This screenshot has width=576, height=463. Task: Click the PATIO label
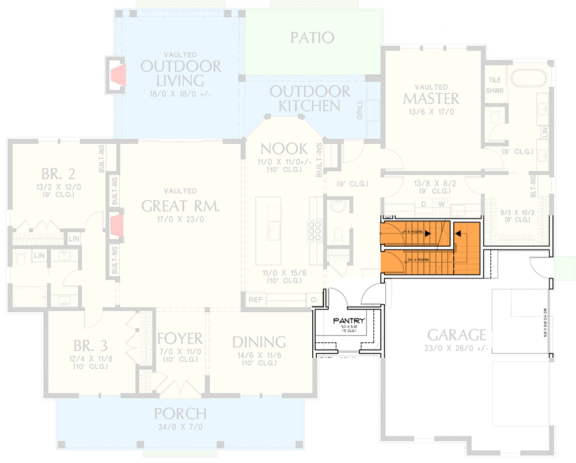point(312,38)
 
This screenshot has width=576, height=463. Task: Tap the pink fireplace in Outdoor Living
point(118,75)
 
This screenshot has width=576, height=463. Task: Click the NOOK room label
point(284,149)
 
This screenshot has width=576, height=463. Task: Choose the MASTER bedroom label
point(431,98)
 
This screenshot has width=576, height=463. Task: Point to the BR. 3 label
point(90,346)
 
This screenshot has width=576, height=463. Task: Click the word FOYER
point(180,338)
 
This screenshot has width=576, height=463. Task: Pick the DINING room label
point(259,342)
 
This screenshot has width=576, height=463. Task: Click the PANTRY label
point(349,321)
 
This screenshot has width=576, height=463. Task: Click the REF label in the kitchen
point(255,300)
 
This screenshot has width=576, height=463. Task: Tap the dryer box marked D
point(423,204)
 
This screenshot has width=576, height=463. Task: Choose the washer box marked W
point(442,204)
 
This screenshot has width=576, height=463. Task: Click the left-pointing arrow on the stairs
point(459,234)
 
